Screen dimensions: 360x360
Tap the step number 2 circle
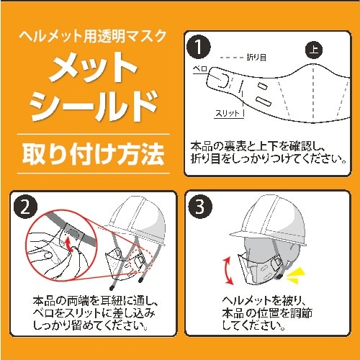tap(26, 209)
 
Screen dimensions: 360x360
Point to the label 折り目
tap(257, 57)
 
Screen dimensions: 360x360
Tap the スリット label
tap(230, 114)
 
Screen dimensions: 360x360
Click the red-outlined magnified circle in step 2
tap(58, 245)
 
